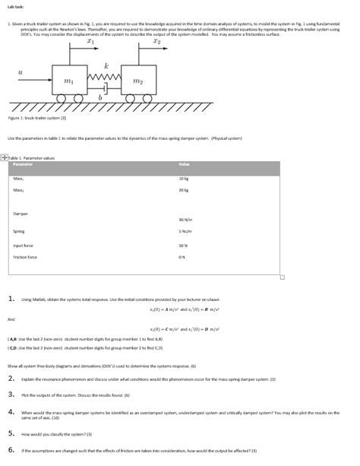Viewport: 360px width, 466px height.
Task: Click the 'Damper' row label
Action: [22, 214]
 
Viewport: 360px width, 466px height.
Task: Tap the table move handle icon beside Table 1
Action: [5, 157]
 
